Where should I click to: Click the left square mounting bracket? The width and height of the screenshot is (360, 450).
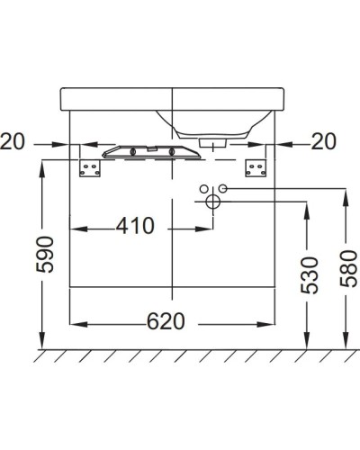coord(89,168)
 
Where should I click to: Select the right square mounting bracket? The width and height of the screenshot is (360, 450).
coord(256,168)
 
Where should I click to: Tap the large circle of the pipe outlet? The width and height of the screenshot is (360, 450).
coord(213,201)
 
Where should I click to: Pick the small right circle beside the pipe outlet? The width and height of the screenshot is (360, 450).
coord(225,189)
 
